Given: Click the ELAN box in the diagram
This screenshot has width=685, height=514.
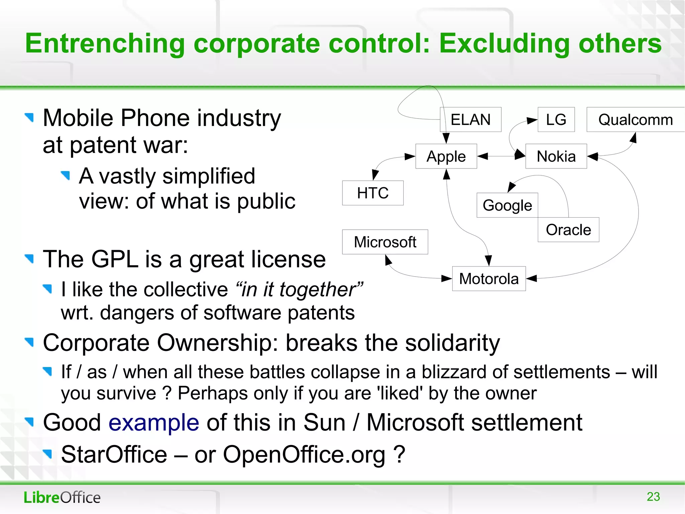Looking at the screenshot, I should click(x=470, y=120).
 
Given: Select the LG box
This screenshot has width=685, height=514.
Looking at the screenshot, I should click(x=556, y=120).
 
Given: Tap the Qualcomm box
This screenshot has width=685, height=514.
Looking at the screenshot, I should click(x=635, y=120).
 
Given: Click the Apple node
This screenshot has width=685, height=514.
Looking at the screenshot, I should click(x=446, y=156).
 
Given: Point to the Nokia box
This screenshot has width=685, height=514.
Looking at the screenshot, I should click(x=556, y=156).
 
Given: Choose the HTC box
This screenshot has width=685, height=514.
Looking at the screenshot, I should click(x=373, y=193).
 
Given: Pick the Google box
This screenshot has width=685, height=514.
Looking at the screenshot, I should click(x=507, y=205).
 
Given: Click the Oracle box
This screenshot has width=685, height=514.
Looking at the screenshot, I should click(x=568, y=230).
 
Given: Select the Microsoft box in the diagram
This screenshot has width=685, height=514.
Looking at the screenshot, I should click(x=385, y=242).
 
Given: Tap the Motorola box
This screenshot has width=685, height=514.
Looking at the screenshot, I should click(x=489, y=279).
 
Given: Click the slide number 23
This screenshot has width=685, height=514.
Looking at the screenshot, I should click(x=653, y=496).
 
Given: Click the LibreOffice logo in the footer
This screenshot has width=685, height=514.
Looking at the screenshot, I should click(x=62, y=497).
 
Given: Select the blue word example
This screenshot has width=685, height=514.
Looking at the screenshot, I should click(x=154, y=423).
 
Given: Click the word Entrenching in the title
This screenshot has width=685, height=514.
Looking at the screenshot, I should click(x=105, y=44).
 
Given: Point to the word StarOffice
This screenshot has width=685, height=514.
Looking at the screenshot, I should click(x=114, y=455).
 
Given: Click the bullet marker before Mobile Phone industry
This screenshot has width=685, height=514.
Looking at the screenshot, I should click(x=29, y=117).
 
